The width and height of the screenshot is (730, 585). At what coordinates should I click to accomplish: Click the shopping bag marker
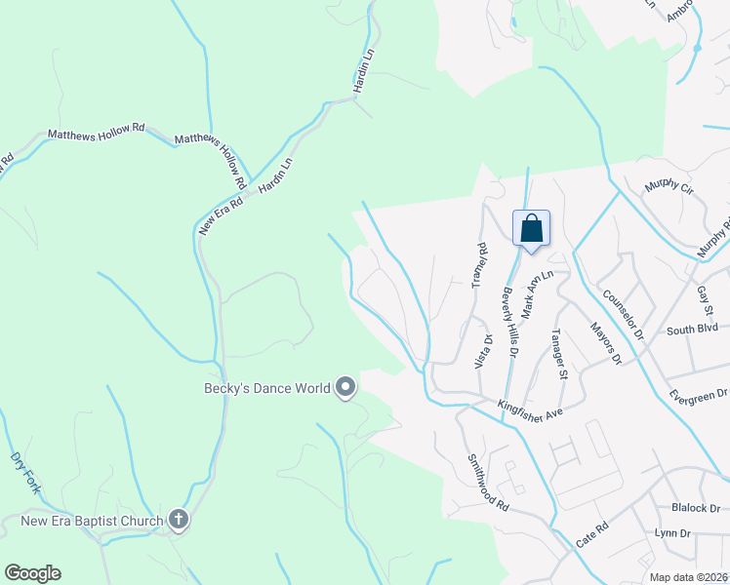pyautogui.click(x=531, y=229)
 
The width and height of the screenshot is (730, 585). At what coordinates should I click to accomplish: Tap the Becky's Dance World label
pyautogui.click(x=266, y=388)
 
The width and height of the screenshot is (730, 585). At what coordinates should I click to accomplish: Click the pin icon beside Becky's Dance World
pyautogui.click(x=345, y=388)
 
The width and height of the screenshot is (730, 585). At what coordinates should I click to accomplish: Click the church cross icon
pyautogui.click(x=178, y=520)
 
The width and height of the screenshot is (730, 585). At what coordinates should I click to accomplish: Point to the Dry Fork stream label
pyautogui.click(x=23, y=472)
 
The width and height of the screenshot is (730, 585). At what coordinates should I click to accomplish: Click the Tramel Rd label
pyautogui.click(x=479, y=266)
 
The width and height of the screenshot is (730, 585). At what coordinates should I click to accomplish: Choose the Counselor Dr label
pyautogui.click(x=623, y=314)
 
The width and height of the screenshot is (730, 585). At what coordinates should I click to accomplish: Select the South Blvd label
pyautogui.click(x=692, y=329)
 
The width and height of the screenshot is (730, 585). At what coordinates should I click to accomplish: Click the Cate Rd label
pyautogui.click(x=591, y=534)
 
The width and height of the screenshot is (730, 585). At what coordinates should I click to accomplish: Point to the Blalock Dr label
pyautogui.click(x=695, y=508)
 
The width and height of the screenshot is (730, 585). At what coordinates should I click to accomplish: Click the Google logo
pyautogui.click(x=32, y=572)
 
